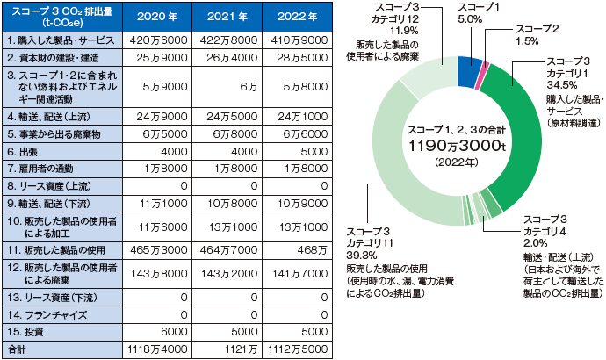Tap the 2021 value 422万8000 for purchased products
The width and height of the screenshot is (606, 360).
(x=223, y=40)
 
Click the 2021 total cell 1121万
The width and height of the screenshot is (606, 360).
(x=223, y=349)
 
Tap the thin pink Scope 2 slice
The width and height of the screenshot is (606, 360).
(x=480, y=74)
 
